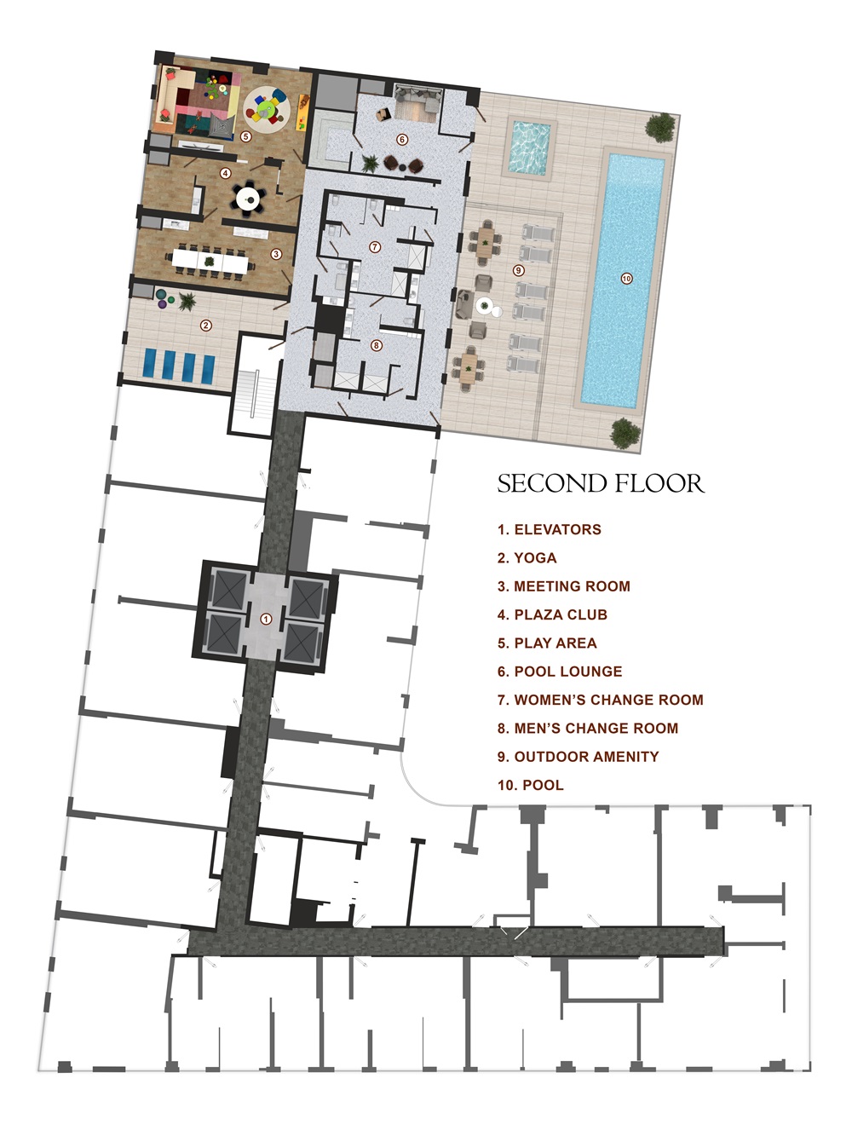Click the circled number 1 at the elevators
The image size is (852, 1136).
[x=266, y=619]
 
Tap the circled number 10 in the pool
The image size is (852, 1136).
[x=627, y=279]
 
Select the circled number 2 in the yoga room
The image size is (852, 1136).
[x=205, y=325]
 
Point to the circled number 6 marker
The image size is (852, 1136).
[x=402, y=139]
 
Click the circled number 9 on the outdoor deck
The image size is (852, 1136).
[x=519, y=270]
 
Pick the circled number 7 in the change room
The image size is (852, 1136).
[x=375, y=246]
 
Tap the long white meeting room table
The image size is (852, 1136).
[x=212, y=259]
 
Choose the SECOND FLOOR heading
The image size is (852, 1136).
[x=601, y=484]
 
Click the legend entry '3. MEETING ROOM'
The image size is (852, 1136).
[x=564, y=586]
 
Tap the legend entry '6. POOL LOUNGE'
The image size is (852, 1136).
[x=560, y=672]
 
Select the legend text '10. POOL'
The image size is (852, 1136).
[x=531, y=785]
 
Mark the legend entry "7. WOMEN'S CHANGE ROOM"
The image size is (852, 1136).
[x=601, y=700]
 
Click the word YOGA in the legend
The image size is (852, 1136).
[x=535, y=558]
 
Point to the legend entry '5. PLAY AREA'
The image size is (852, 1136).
[x=547, y=643]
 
